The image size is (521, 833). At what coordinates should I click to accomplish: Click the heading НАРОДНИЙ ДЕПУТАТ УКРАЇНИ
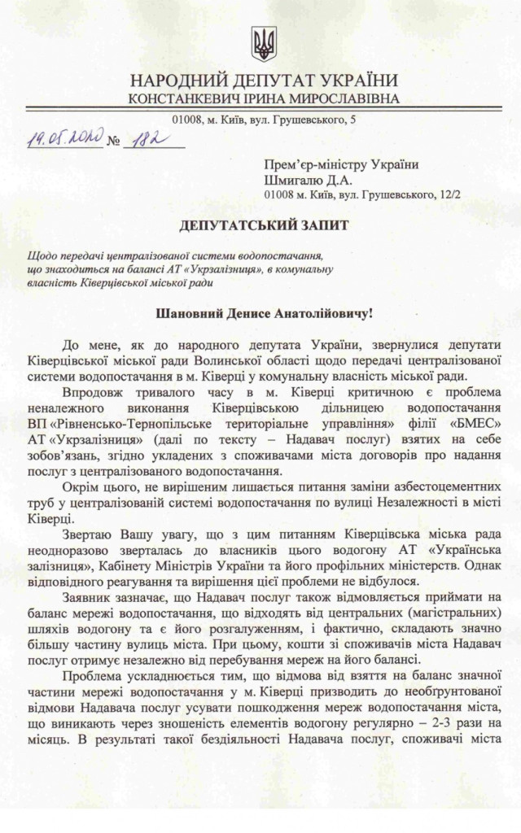pyautogui.click(x=264, y=81)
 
